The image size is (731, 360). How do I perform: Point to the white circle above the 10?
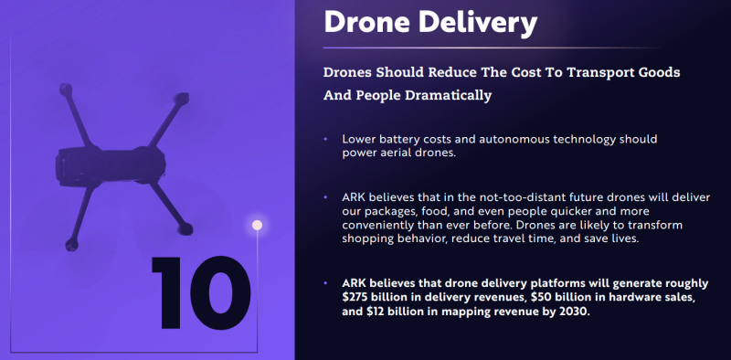(x=257, y=225)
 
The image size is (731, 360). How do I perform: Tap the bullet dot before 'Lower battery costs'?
(x=325, y=139)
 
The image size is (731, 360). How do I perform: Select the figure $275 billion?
(x=376, y=298)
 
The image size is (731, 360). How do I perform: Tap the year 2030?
(x=573, y=312)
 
